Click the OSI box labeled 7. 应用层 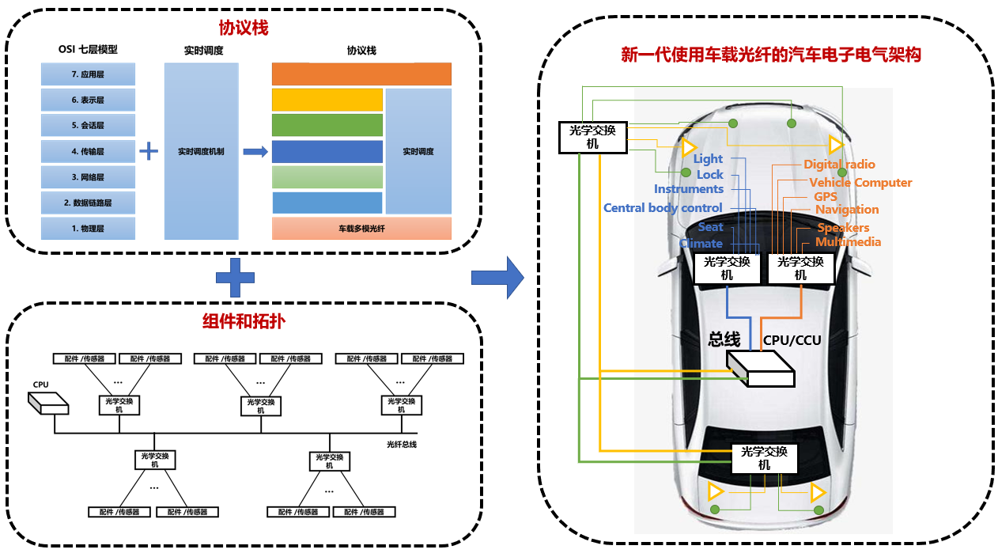88,74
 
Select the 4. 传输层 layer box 88,150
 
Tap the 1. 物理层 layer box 88,228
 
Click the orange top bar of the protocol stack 361,74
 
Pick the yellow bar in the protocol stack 327,100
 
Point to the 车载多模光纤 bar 361,229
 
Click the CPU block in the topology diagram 47,403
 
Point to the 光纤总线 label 402,445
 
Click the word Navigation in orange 847,210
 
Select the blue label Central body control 652,208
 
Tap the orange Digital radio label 839,165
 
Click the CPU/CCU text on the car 792,341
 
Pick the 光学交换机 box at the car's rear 764,458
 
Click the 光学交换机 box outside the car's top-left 592,137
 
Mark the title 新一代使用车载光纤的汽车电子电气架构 771,55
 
